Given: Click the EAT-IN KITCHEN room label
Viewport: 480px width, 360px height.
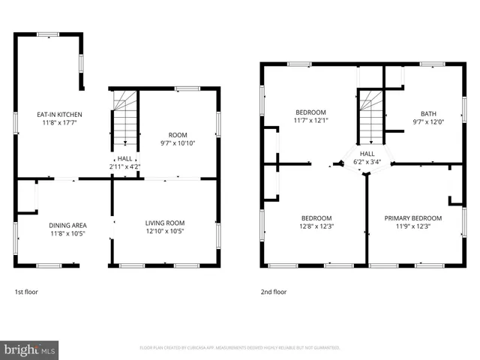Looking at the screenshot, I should (59, 114).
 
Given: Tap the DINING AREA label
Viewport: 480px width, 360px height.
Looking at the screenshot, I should (67, 225).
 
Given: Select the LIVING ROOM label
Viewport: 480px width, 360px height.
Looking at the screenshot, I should (165, 223).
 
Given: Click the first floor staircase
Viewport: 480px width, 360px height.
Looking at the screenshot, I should (125, 120).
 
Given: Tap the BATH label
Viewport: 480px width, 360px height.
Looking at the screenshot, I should (428, 114).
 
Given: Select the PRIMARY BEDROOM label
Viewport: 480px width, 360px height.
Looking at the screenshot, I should (413, 218).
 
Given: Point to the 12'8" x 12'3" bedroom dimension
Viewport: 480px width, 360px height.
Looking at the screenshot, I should (316, 226).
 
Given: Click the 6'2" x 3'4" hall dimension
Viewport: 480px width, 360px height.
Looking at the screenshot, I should (367, 160).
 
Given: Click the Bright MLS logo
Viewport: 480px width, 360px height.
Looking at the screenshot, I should (29, 349).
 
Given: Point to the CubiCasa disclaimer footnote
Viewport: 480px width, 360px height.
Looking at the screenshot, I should (240, 348).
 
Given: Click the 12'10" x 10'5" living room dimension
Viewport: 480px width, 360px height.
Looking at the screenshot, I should (165, 231).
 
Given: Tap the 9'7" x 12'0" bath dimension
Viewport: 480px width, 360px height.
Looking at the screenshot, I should (428, 122).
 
